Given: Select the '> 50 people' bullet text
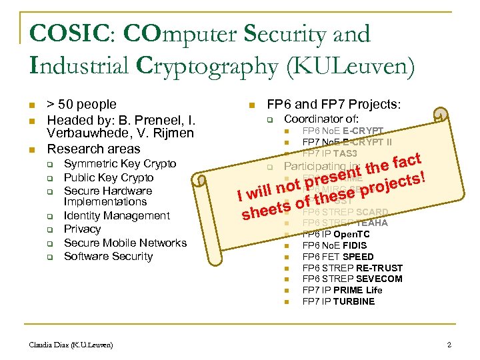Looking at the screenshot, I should (x=81, y=105).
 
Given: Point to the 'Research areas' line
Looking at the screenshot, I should (x=93, y=149).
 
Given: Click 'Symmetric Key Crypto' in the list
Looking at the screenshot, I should (x=119, y=163).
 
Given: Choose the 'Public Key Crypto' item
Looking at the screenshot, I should (x=109, y=177).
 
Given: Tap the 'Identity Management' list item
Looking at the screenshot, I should (x=117, y=215).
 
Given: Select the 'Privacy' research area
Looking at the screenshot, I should (x=82, y=229).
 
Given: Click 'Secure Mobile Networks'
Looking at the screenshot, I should (x=125, y=243).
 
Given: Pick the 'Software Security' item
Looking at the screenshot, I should (x=108, y=256).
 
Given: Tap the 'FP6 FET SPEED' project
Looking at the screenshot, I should (x=338, y=257).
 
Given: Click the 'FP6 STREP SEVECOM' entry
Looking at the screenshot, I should (x=352, y=279).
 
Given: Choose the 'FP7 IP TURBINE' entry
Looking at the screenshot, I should (x=339, y=301).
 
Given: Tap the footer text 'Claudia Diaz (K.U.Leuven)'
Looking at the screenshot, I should (x=71, y=345).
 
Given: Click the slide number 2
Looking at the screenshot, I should (x=449, y=345).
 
